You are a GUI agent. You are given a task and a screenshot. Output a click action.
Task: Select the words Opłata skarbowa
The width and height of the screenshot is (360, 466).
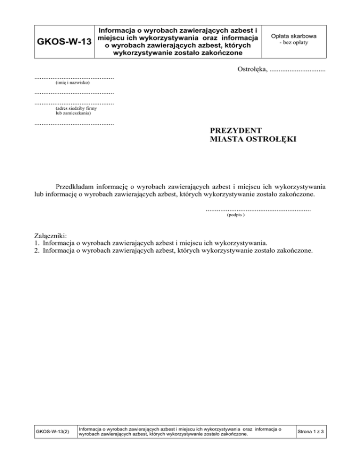pos(293,36)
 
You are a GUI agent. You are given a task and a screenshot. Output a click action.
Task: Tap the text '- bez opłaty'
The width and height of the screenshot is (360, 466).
pos(293,43)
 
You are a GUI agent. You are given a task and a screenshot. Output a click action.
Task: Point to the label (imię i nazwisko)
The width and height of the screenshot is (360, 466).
pos(69,83)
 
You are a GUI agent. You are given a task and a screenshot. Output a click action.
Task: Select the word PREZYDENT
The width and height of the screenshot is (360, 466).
pos(236,130)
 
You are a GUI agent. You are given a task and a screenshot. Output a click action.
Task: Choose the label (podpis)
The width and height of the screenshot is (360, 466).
pos(235,216)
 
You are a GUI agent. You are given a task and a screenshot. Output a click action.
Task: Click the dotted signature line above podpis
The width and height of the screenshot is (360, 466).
pos(258,210)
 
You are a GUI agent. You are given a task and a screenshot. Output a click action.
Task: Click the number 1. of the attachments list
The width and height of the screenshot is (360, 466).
pos(37,243)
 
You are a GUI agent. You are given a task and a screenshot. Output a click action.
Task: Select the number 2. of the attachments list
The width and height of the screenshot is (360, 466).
pos(37,251)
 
